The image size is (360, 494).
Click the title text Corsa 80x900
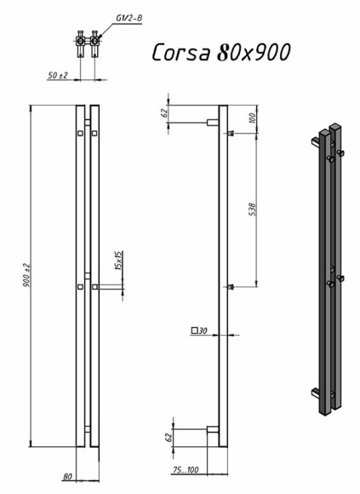[x=221, y=52]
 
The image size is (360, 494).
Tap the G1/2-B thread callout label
[x=129, y=18]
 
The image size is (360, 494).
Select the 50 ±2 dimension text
[x=58, y=75]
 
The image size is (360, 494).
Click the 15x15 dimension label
[x=118, y=261]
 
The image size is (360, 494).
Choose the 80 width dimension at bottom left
[x=67, y=477]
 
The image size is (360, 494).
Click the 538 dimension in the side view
[x=253, y=210]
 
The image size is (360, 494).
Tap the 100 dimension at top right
[x=253, y=118]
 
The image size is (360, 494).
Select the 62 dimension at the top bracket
[x=164, y=112]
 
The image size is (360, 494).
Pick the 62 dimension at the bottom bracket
[x=169, y=437]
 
